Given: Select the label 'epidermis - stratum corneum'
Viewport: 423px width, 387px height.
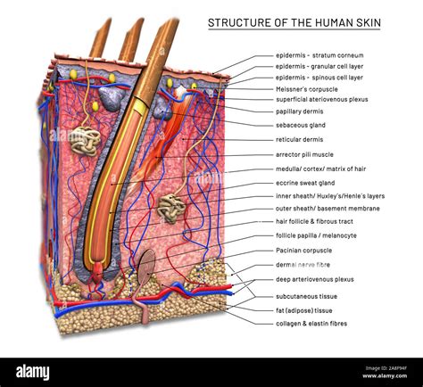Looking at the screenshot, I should (319, 55).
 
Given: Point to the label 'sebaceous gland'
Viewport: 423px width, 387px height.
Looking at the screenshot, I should (300, 126).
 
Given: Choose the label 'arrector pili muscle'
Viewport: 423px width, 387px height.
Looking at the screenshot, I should (305, 154).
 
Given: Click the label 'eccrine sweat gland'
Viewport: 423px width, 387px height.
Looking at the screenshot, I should (306, 182).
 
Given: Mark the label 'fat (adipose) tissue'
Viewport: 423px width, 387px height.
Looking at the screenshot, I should (304, 310).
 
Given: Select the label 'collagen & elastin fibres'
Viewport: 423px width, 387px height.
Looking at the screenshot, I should (311, 323).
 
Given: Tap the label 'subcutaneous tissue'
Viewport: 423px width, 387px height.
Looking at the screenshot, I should (306, 295).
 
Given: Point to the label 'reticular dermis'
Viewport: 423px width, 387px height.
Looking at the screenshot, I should (299, 139).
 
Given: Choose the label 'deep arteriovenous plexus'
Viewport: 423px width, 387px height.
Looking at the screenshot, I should (314, 279).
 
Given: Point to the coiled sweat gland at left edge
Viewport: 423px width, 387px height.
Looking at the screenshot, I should (85, 140).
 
